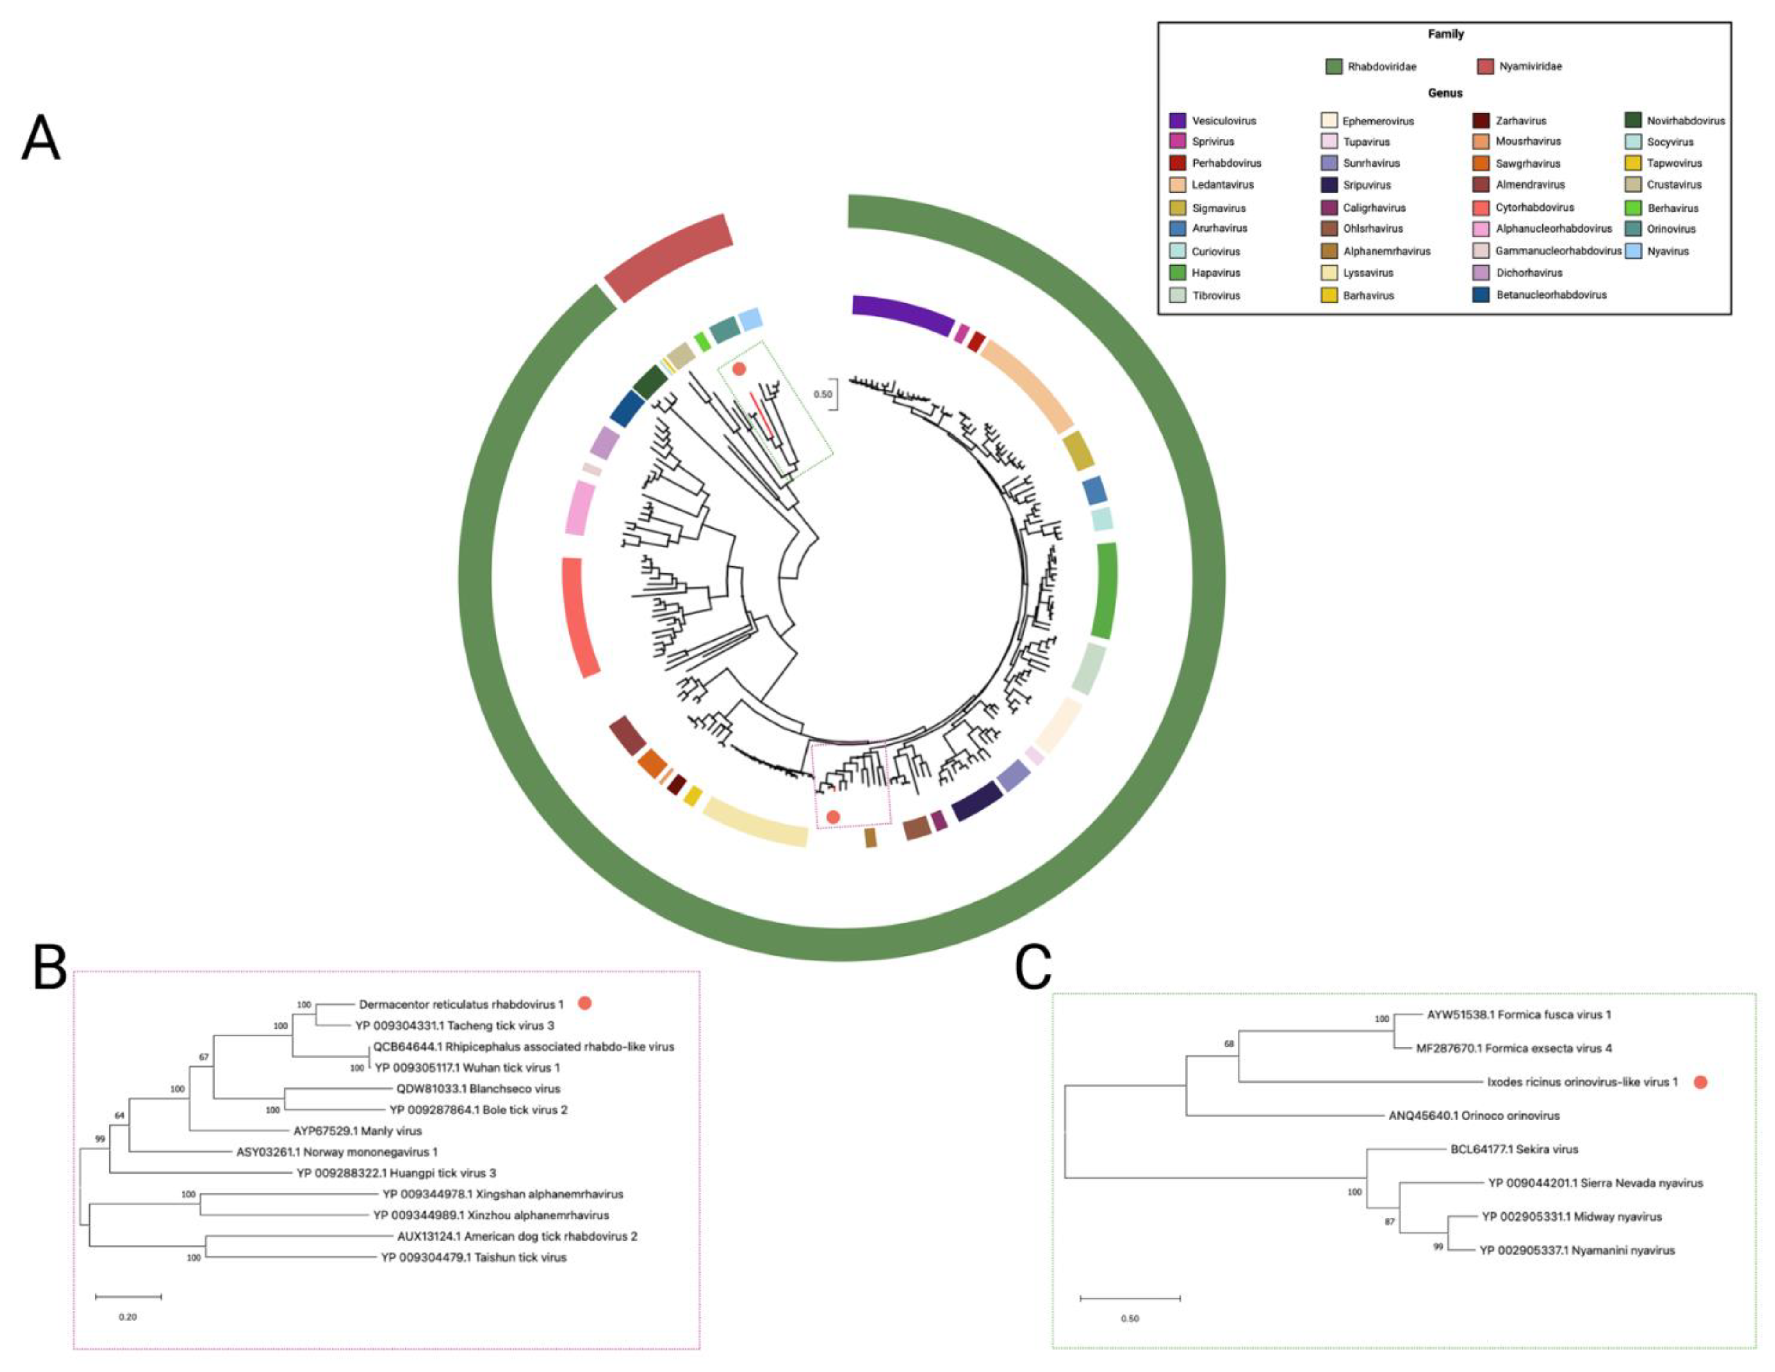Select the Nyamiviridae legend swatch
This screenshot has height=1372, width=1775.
pyautogui.click(x=1486, y=67)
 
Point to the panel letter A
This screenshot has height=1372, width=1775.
pyautogui.click(x=40, y=138)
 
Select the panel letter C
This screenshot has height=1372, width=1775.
pyautogui.click(x=1033, y=968)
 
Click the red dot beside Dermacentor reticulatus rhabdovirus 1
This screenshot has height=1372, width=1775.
pyautogui.click(x=584, y=1004)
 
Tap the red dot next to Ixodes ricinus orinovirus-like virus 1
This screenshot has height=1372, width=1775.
pyautogui.click(x=1699, y=1082)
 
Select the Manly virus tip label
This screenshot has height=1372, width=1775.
pyautogui.click(x=357, y=1131)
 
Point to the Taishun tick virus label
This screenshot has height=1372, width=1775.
pyautogui.click(x=474, y=1257)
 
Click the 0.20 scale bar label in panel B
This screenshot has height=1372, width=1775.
pyautogui.click(x=128, y=1317)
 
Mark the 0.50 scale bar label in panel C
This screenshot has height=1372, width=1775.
pyautogui.click(x=1130, y=1318)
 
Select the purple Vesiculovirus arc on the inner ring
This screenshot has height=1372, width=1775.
pyautogui.click(x=902, y=313)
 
